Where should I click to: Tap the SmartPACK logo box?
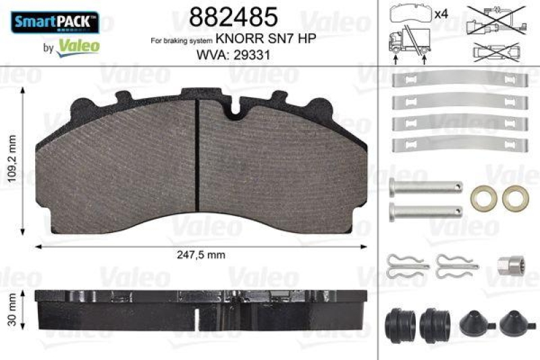[56, 23]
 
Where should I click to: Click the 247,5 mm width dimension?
[200, 255]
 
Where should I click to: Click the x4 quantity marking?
[441, 14]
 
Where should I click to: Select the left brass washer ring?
[483, 197]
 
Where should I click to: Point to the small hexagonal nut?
[507, 265]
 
